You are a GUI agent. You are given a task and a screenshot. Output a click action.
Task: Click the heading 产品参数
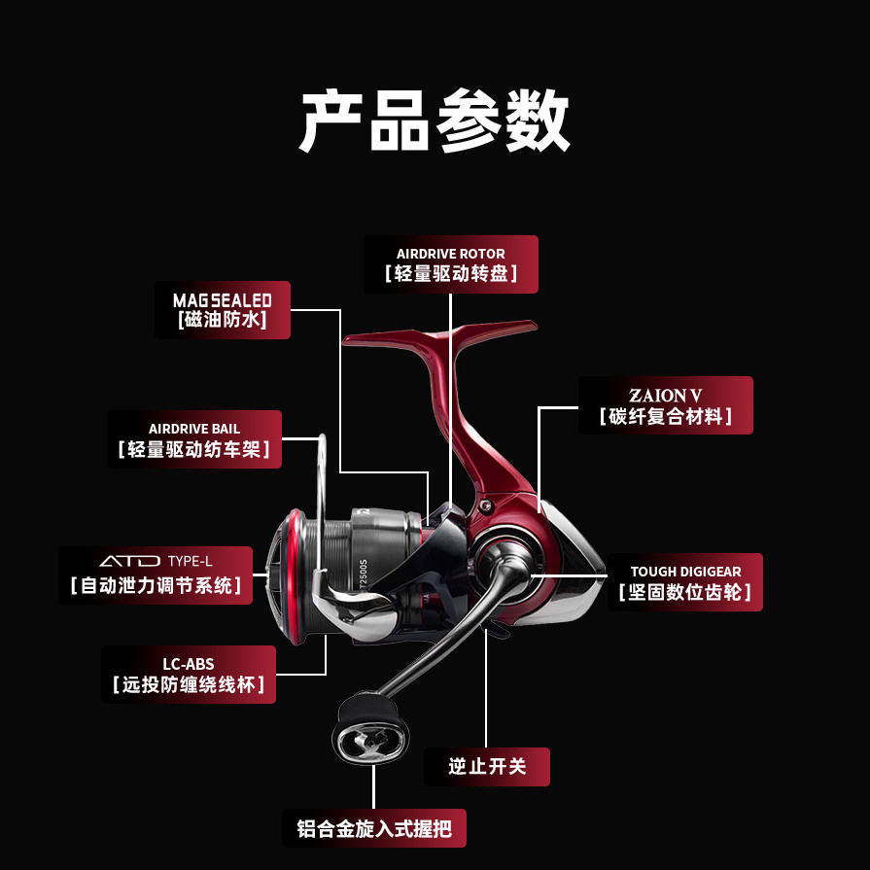tap(434, 121)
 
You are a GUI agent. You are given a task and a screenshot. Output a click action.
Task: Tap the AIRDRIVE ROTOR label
tap(450, 263)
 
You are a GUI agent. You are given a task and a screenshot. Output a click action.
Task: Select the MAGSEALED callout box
tap(222, 310)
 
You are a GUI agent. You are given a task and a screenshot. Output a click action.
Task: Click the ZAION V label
tap(665, 405)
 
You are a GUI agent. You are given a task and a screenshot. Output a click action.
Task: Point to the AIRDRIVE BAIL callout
tap(193, 438)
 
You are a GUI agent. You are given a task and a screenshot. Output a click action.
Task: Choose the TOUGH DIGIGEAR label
tap(684, 582)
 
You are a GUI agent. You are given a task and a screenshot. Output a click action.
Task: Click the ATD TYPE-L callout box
tap(156, 575)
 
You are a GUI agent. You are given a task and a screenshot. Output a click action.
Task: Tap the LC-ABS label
tap(189, 675)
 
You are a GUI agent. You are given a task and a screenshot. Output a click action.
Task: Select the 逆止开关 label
tap(487, 766)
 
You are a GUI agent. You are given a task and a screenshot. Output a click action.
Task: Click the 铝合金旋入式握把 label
tap(374, 829)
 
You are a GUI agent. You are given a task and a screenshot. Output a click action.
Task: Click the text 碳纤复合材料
tap(665, 417)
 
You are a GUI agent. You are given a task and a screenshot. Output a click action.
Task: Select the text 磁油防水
tap(222, 321)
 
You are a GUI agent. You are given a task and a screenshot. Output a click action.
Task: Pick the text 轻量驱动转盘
tap(450, 273)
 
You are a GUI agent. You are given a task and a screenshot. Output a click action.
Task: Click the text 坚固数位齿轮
tap(684, 592)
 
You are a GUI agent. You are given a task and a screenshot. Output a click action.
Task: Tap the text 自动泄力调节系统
tap(156, 586)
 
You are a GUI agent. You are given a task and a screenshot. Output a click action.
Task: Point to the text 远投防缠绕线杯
tap(189, 684)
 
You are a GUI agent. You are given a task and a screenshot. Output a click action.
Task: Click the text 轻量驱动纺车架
tap(193, 450)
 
